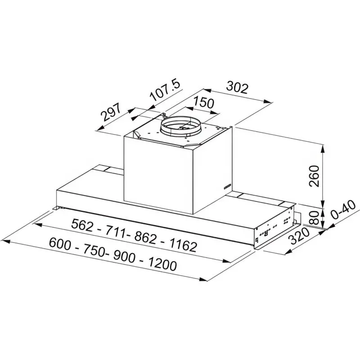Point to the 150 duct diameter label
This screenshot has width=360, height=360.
coord(203,103)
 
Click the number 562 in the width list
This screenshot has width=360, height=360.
coord(84,224)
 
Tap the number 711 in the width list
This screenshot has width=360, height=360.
coord(116,231)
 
